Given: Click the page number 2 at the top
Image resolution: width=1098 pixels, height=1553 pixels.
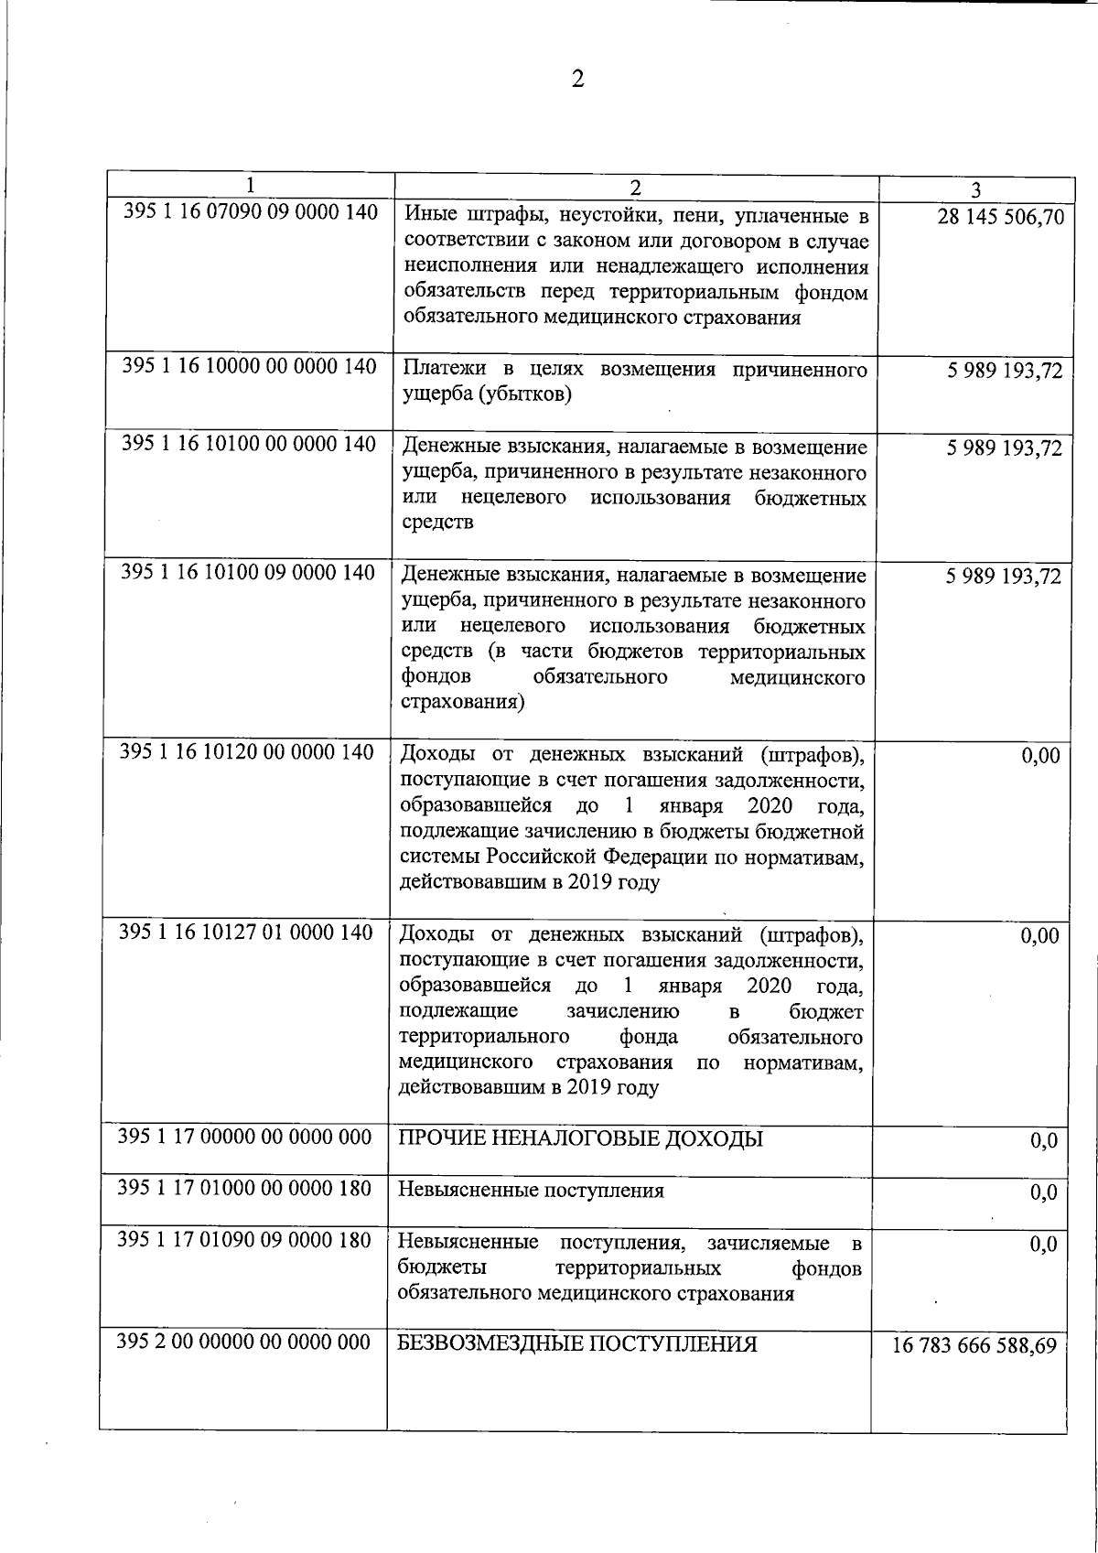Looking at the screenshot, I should [x=577, y=80].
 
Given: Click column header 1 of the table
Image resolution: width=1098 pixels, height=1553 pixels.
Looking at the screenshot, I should [x=250, y=185].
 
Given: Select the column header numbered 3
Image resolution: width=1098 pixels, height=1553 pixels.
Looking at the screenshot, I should [x=976, y=190].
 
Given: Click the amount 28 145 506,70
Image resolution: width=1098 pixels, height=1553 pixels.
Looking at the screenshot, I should [x=1000, y=217].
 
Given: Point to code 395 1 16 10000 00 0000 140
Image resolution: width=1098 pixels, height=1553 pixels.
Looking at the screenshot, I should [x=250, y=366].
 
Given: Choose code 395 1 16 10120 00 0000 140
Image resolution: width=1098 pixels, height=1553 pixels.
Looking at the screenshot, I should [x=248, y=751].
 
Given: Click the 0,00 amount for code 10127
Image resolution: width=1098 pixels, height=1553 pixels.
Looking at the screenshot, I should [x=1039, y=935].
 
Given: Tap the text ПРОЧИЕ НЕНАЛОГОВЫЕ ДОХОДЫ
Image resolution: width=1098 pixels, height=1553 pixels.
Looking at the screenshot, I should [x=580, y=1139].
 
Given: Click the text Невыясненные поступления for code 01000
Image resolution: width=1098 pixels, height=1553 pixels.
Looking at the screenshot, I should [x=531, y=1191].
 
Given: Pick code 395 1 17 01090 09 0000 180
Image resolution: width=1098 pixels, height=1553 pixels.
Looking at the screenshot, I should [x=245, y=1240].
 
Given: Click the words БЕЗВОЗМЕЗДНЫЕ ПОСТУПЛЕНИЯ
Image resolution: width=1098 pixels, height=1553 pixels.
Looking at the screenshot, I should [x=577, y=1344].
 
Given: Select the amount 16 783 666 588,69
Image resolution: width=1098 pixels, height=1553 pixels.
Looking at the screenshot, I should [x=974, y=1346].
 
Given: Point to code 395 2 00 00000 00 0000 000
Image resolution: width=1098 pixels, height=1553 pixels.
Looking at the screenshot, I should [x=244, y=1342].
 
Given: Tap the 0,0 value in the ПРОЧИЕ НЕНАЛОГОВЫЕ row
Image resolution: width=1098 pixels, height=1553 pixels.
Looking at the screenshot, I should [x=1043, y=1141].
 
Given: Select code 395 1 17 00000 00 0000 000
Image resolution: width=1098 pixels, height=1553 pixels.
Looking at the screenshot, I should [x=245, y=1137].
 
